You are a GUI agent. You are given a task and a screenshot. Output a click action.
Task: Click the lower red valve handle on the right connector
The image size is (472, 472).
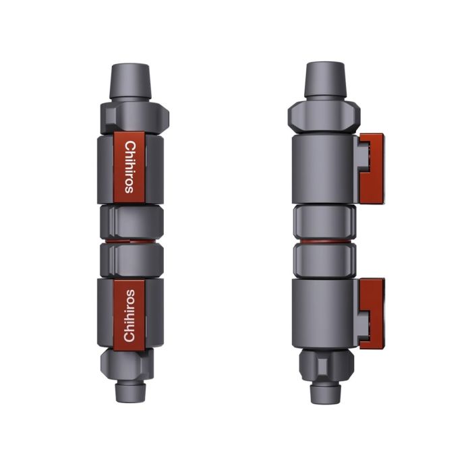click(x=372, y=313)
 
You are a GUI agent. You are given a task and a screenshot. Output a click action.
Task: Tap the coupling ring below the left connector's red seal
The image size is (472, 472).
click(x=131, y=259)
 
